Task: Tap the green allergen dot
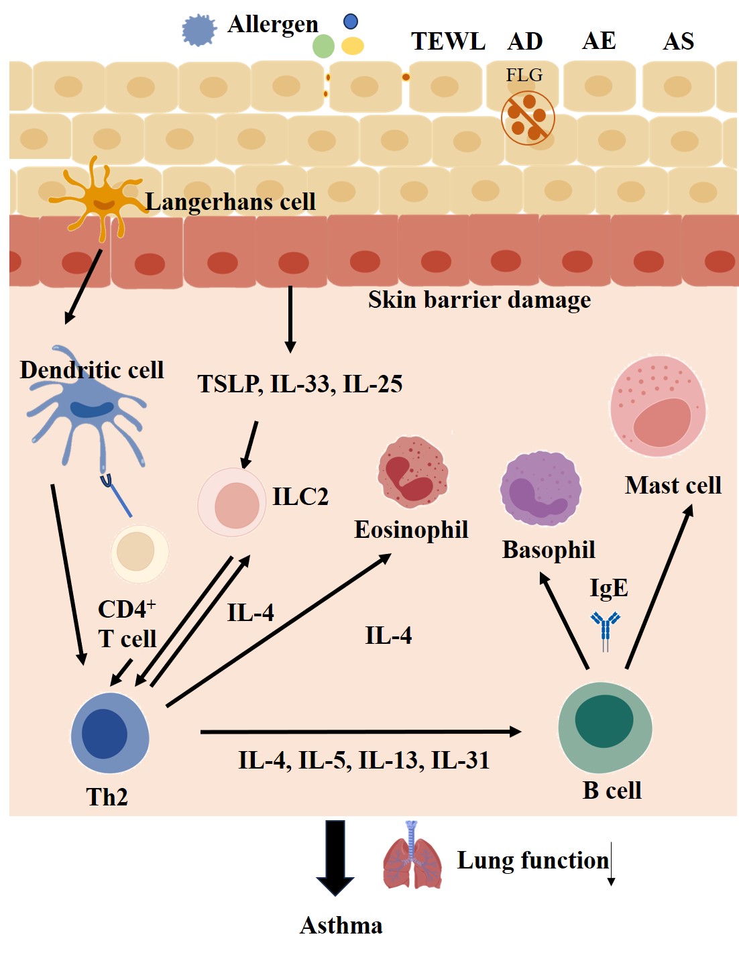coord(323,46)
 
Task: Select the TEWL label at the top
coord(448,42)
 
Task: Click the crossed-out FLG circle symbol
coord(528,117)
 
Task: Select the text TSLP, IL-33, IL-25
coord(300,384)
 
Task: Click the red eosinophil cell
coord(412,470)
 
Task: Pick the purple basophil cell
coord(541,488)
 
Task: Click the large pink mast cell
coord(658,406)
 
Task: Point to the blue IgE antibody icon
coord(606,630)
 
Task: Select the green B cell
coord(605,726)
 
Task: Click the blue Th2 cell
coord(109,733)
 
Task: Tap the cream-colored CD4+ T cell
coord(139,553)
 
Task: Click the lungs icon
coord(412,856)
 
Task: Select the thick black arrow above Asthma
coord(335,857)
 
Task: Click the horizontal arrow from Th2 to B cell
coord(361,732)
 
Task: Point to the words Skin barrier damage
coord(479,300)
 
